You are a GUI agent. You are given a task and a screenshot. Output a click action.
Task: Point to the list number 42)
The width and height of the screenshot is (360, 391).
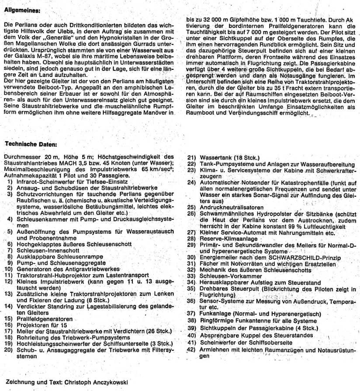pyautogui.click(x=190, y=349)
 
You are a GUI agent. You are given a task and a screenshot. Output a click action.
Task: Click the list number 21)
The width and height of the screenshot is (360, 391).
pyautogui.click(x=190, y=157)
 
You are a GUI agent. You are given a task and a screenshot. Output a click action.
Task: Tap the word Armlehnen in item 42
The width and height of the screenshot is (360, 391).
pyautogui.click(x=214, y=349)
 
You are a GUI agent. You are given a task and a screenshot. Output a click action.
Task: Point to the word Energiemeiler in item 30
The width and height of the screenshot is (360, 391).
pyautogui.click(x=218, y=258)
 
